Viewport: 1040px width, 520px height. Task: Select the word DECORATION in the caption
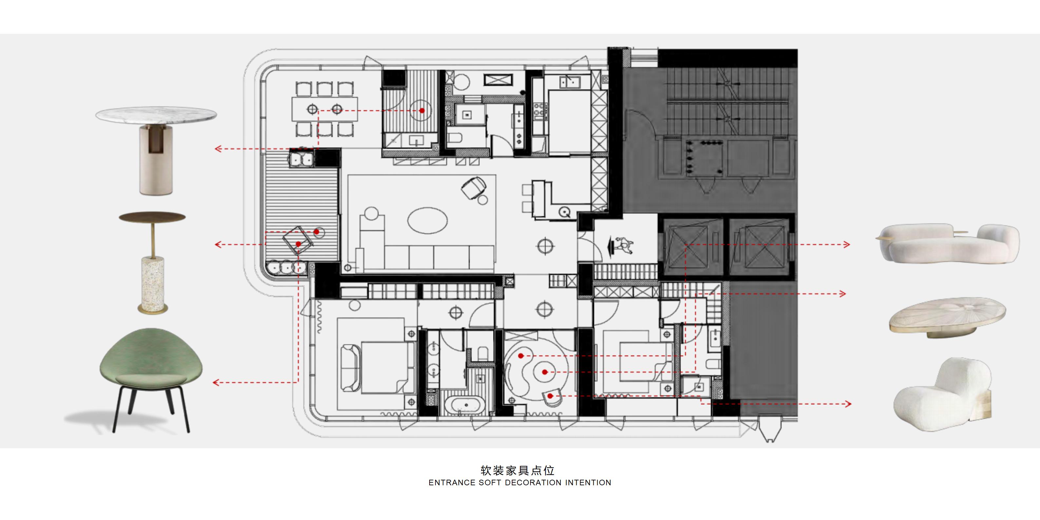pos(533,482)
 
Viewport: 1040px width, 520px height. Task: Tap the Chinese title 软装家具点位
pos(518,470)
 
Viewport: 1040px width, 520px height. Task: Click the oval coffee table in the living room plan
pos(428,221)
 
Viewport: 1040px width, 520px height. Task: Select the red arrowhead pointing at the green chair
pos(216,382)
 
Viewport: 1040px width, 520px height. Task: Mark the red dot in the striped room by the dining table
pos(422,110)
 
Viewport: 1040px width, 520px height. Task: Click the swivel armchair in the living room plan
pos(473,188)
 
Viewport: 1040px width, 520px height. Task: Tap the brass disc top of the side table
pos(152,217)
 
